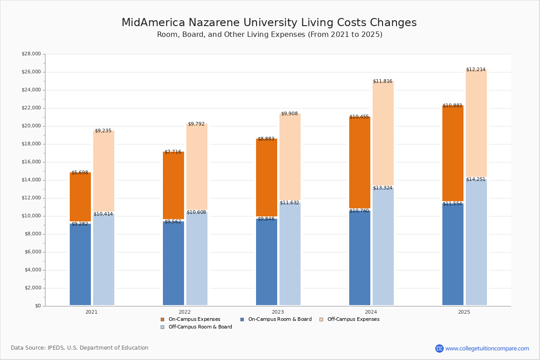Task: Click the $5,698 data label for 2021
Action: [x=80, y=173]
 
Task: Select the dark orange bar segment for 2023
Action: [x=266, y=178]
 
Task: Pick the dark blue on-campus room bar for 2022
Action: [x=173, y=263]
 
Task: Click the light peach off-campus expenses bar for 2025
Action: [x=476, y=124]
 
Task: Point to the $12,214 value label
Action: [x=476, y=70]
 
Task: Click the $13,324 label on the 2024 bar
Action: [x=382, y=188]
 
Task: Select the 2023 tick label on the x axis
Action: [x=278, y=312]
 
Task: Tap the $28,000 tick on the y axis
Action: [x=31, y=54]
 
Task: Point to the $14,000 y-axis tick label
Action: [x=31, y=180]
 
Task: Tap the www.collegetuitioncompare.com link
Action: [x=487, y=348]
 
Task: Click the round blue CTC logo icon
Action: [x=439, y=348]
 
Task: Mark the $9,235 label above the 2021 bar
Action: [x=103, y=131]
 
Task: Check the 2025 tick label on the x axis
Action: [x=464, y=312]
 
